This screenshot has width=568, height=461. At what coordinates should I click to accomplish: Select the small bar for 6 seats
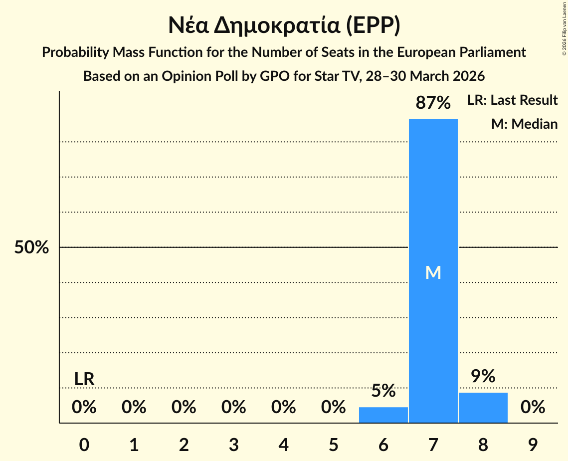(x=383, y=415)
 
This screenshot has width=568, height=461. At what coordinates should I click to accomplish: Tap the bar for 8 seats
(x=483, y=408)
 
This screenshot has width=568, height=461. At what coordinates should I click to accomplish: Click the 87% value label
(x=433, y=103)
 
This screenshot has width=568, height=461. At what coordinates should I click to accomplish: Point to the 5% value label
(x=383, y=391)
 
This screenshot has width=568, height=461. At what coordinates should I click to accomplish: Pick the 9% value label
(x=483, y=377)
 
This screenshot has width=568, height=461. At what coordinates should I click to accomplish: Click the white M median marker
(x=433, y=272)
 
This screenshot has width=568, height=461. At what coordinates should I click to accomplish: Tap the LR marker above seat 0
(x=84, y=379)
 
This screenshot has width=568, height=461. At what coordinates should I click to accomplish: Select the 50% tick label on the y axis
(x=31, y=247)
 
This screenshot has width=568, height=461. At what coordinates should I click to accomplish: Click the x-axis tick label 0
(x=84, y=445)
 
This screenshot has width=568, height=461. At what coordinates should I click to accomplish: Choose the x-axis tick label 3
(x=233, y=445)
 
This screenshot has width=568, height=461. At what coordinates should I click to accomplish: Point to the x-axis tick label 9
(x=533, y=445)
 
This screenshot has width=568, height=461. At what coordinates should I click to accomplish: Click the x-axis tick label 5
(x=333, y=445)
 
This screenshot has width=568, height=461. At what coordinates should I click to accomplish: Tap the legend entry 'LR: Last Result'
(x=512, y=100)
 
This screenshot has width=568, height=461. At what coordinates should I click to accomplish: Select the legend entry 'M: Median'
(x=524, y=124)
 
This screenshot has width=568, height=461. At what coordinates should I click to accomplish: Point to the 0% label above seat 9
(x=533, y=408)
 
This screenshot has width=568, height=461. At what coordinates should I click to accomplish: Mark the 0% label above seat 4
(x=283, y=408)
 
